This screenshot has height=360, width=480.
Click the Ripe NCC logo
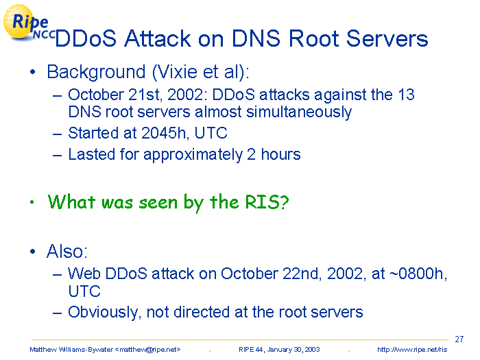coord(28,23)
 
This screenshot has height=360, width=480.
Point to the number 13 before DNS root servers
coord(406,95)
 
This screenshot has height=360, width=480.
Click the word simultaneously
coord(299,112)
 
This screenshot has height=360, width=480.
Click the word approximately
coord(193,154)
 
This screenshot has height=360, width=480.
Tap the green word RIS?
coord(267,202)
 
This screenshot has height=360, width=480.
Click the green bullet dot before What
coord(32,202)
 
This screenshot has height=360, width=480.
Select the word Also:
coord(67,252)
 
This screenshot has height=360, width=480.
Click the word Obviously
coord(104,313)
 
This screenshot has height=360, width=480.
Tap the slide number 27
coord(459,339)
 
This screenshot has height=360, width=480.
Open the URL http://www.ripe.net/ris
coord(412,350)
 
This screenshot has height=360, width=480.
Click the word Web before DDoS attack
coord(84,274)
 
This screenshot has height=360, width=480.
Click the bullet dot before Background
coord(33,72)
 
